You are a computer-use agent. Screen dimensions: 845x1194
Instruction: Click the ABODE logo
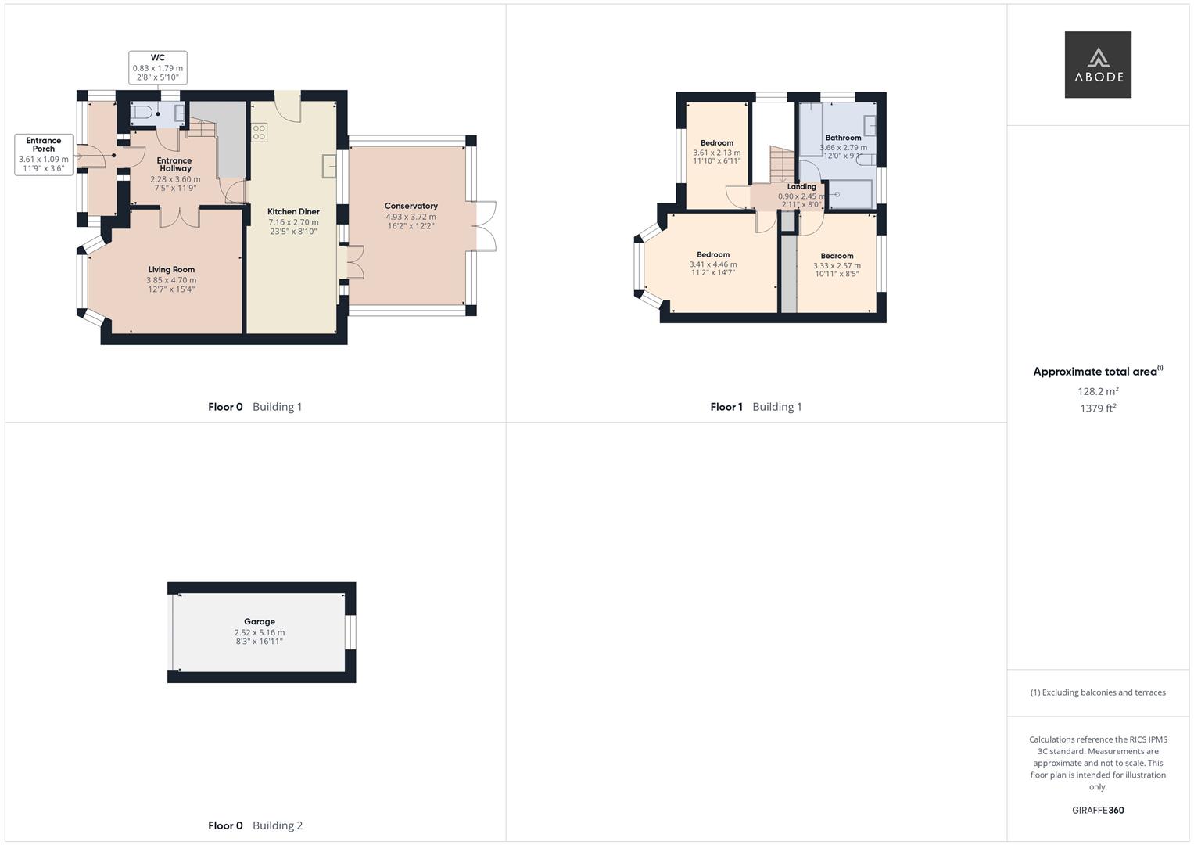click(1097, 65)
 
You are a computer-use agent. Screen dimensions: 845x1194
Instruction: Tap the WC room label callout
click(157, 67)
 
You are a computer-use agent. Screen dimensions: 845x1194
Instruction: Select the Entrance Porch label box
click(44, 154)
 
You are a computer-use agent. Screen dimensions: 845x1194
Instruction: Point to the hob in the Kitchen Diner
click(260, 132)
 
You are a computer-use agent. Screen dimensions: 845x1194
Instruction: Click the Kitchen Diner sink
click(329, 166)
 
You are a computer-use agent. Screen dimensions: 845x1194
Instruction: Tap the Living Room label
click(171, 269)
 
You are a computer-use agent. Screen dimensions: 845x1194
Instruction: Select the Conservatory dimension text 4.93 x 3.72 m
click(411, 217)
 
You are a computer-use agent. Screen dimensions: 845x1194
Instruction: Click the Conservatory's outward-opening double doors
click(486, 227)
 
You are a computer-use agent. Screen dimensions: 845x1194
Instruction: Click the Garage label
click(259, 622)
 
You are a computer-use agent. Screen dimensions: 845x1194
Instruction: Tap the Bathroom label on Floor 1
click(843, 138)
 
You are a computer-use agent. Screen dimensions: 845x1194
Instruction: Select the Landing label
click(801, 187)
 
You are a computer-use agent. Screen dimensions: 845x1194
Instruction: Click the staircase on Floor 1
click(781, 164)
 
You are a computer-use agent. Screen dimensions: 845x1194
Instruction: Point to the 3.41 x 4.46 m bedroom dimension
click(712, 264)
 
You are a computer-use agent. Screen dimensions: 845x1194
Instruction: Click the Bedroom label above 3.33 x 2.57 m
click(837, 256)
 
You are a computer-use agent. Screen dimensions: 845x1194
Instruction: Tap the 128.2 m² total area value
click(1098, 391)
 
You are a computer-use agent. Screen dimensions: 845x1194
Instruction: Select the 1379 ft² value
click(1098, 408)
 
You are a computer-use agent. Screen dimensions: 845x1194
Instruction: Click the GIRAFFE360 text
click(1098, 811)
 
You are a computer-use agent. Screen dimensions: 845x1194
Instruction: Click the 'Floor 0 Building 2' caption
click(255, 825)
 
